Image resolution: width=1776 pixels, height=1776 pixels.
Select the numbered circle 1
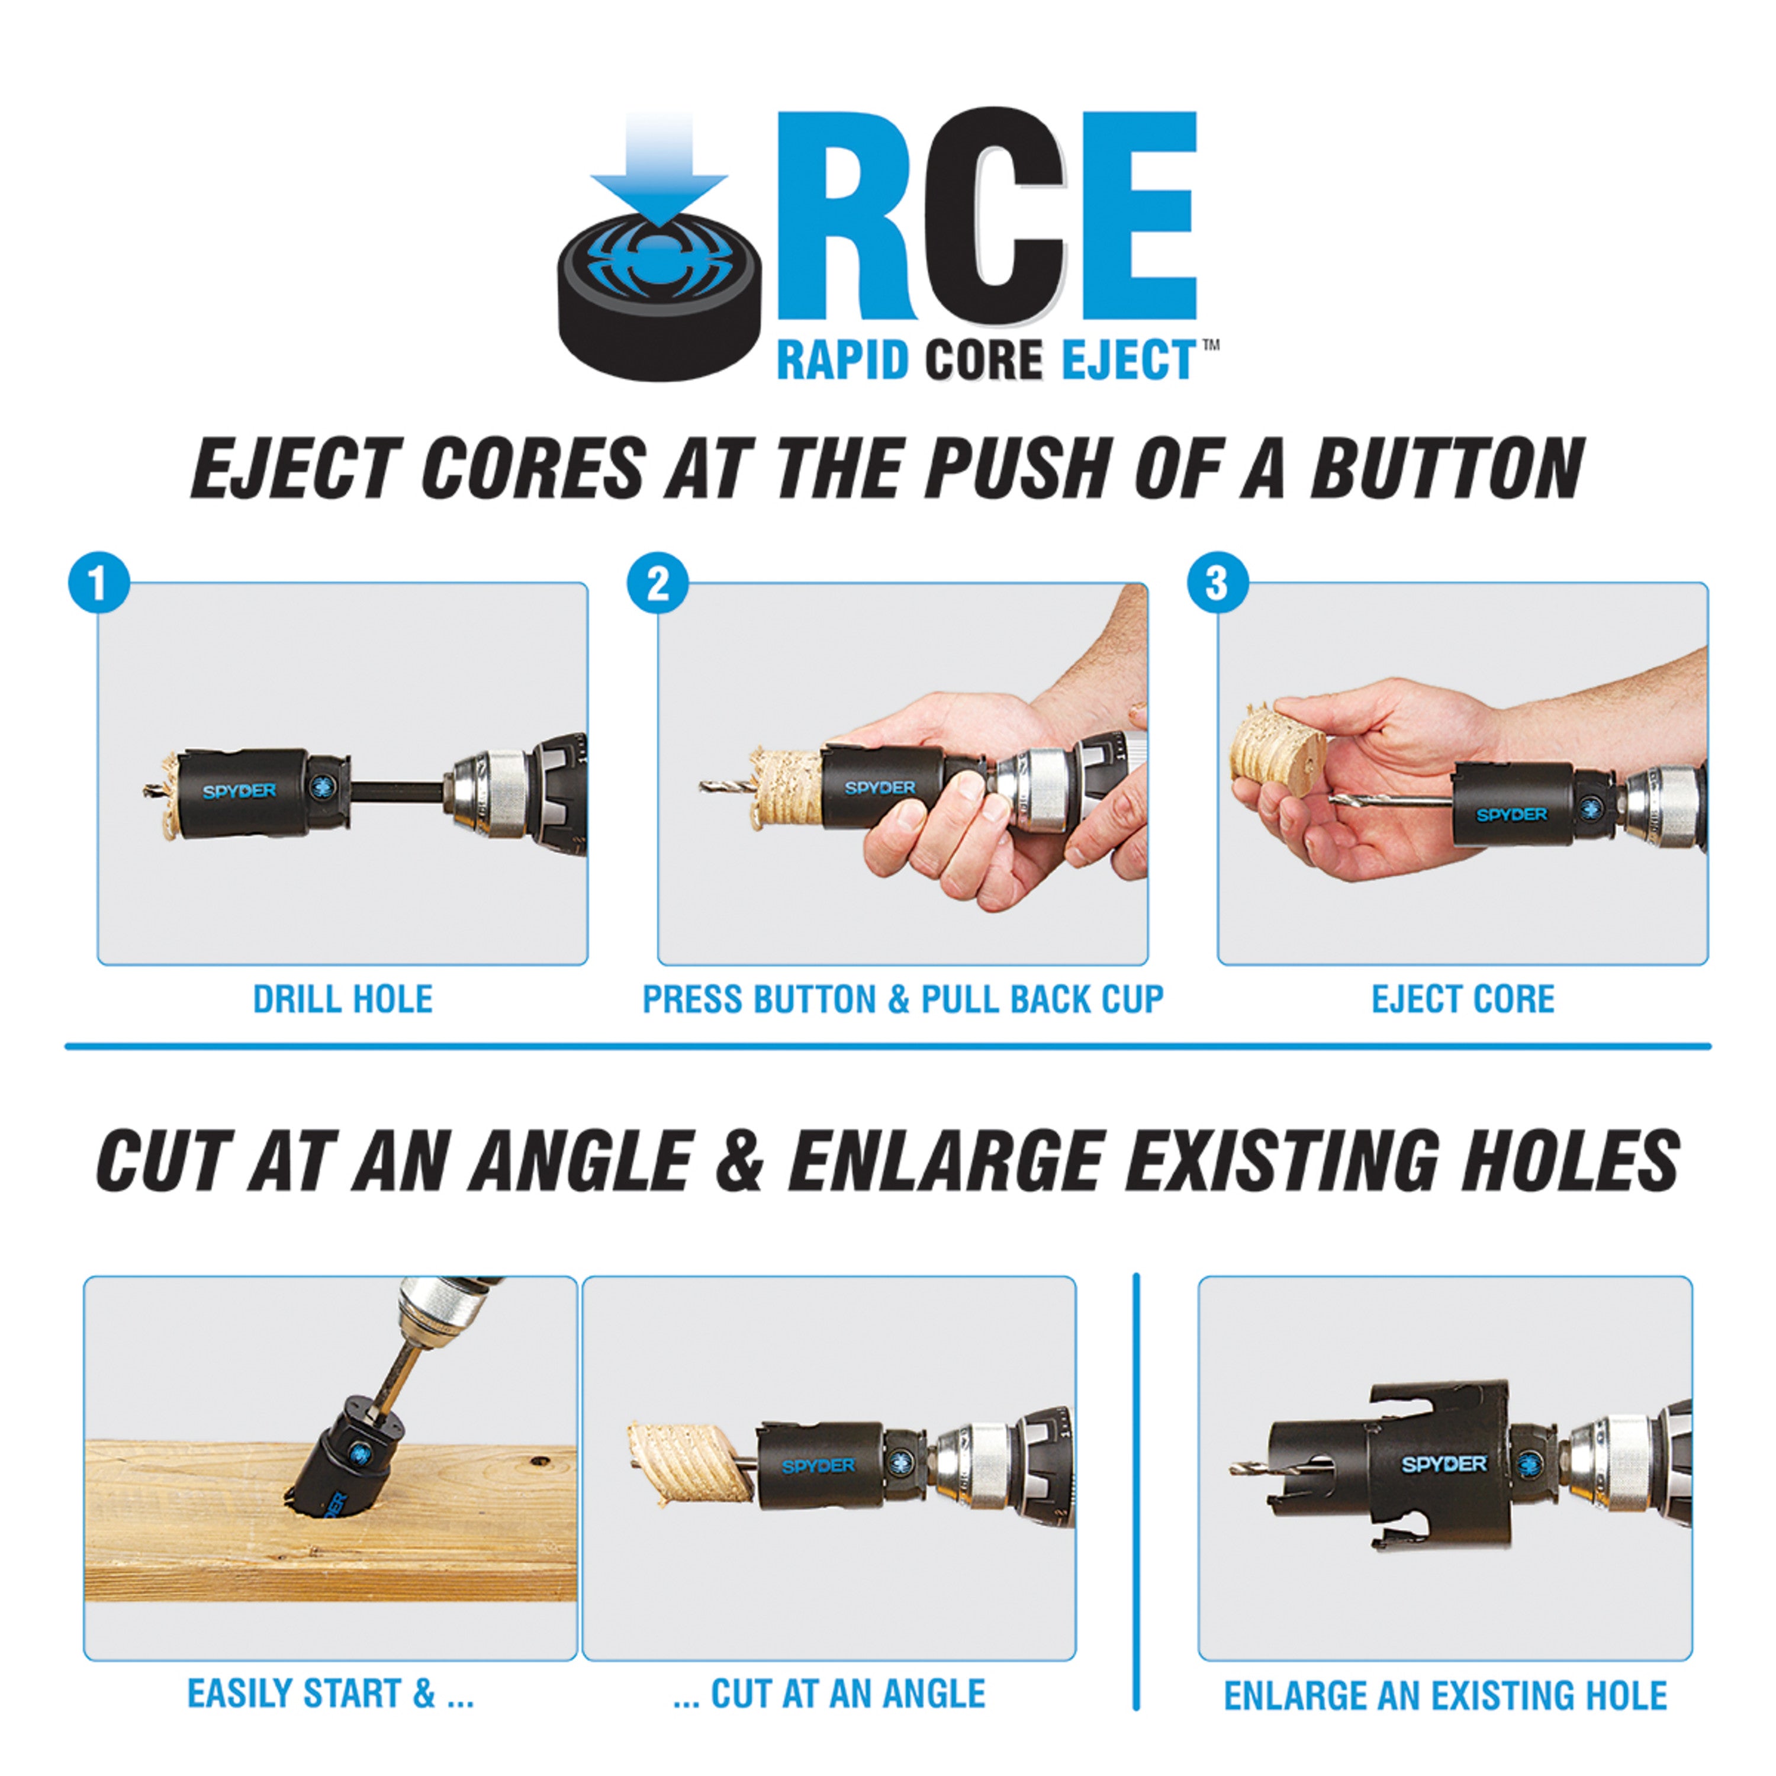pos(98,583)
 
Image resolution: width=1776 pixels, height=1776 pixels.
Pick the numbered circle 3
pos(1217,583)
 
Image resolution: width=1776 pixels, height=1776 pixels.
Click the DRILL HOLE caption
pos(342,999)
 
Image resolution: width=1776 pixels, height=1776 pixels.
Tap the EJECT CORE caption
pos(1462,999)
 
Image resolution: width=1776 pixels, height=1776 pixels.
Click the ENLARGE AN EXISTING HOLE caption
pos(1445,1696)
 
